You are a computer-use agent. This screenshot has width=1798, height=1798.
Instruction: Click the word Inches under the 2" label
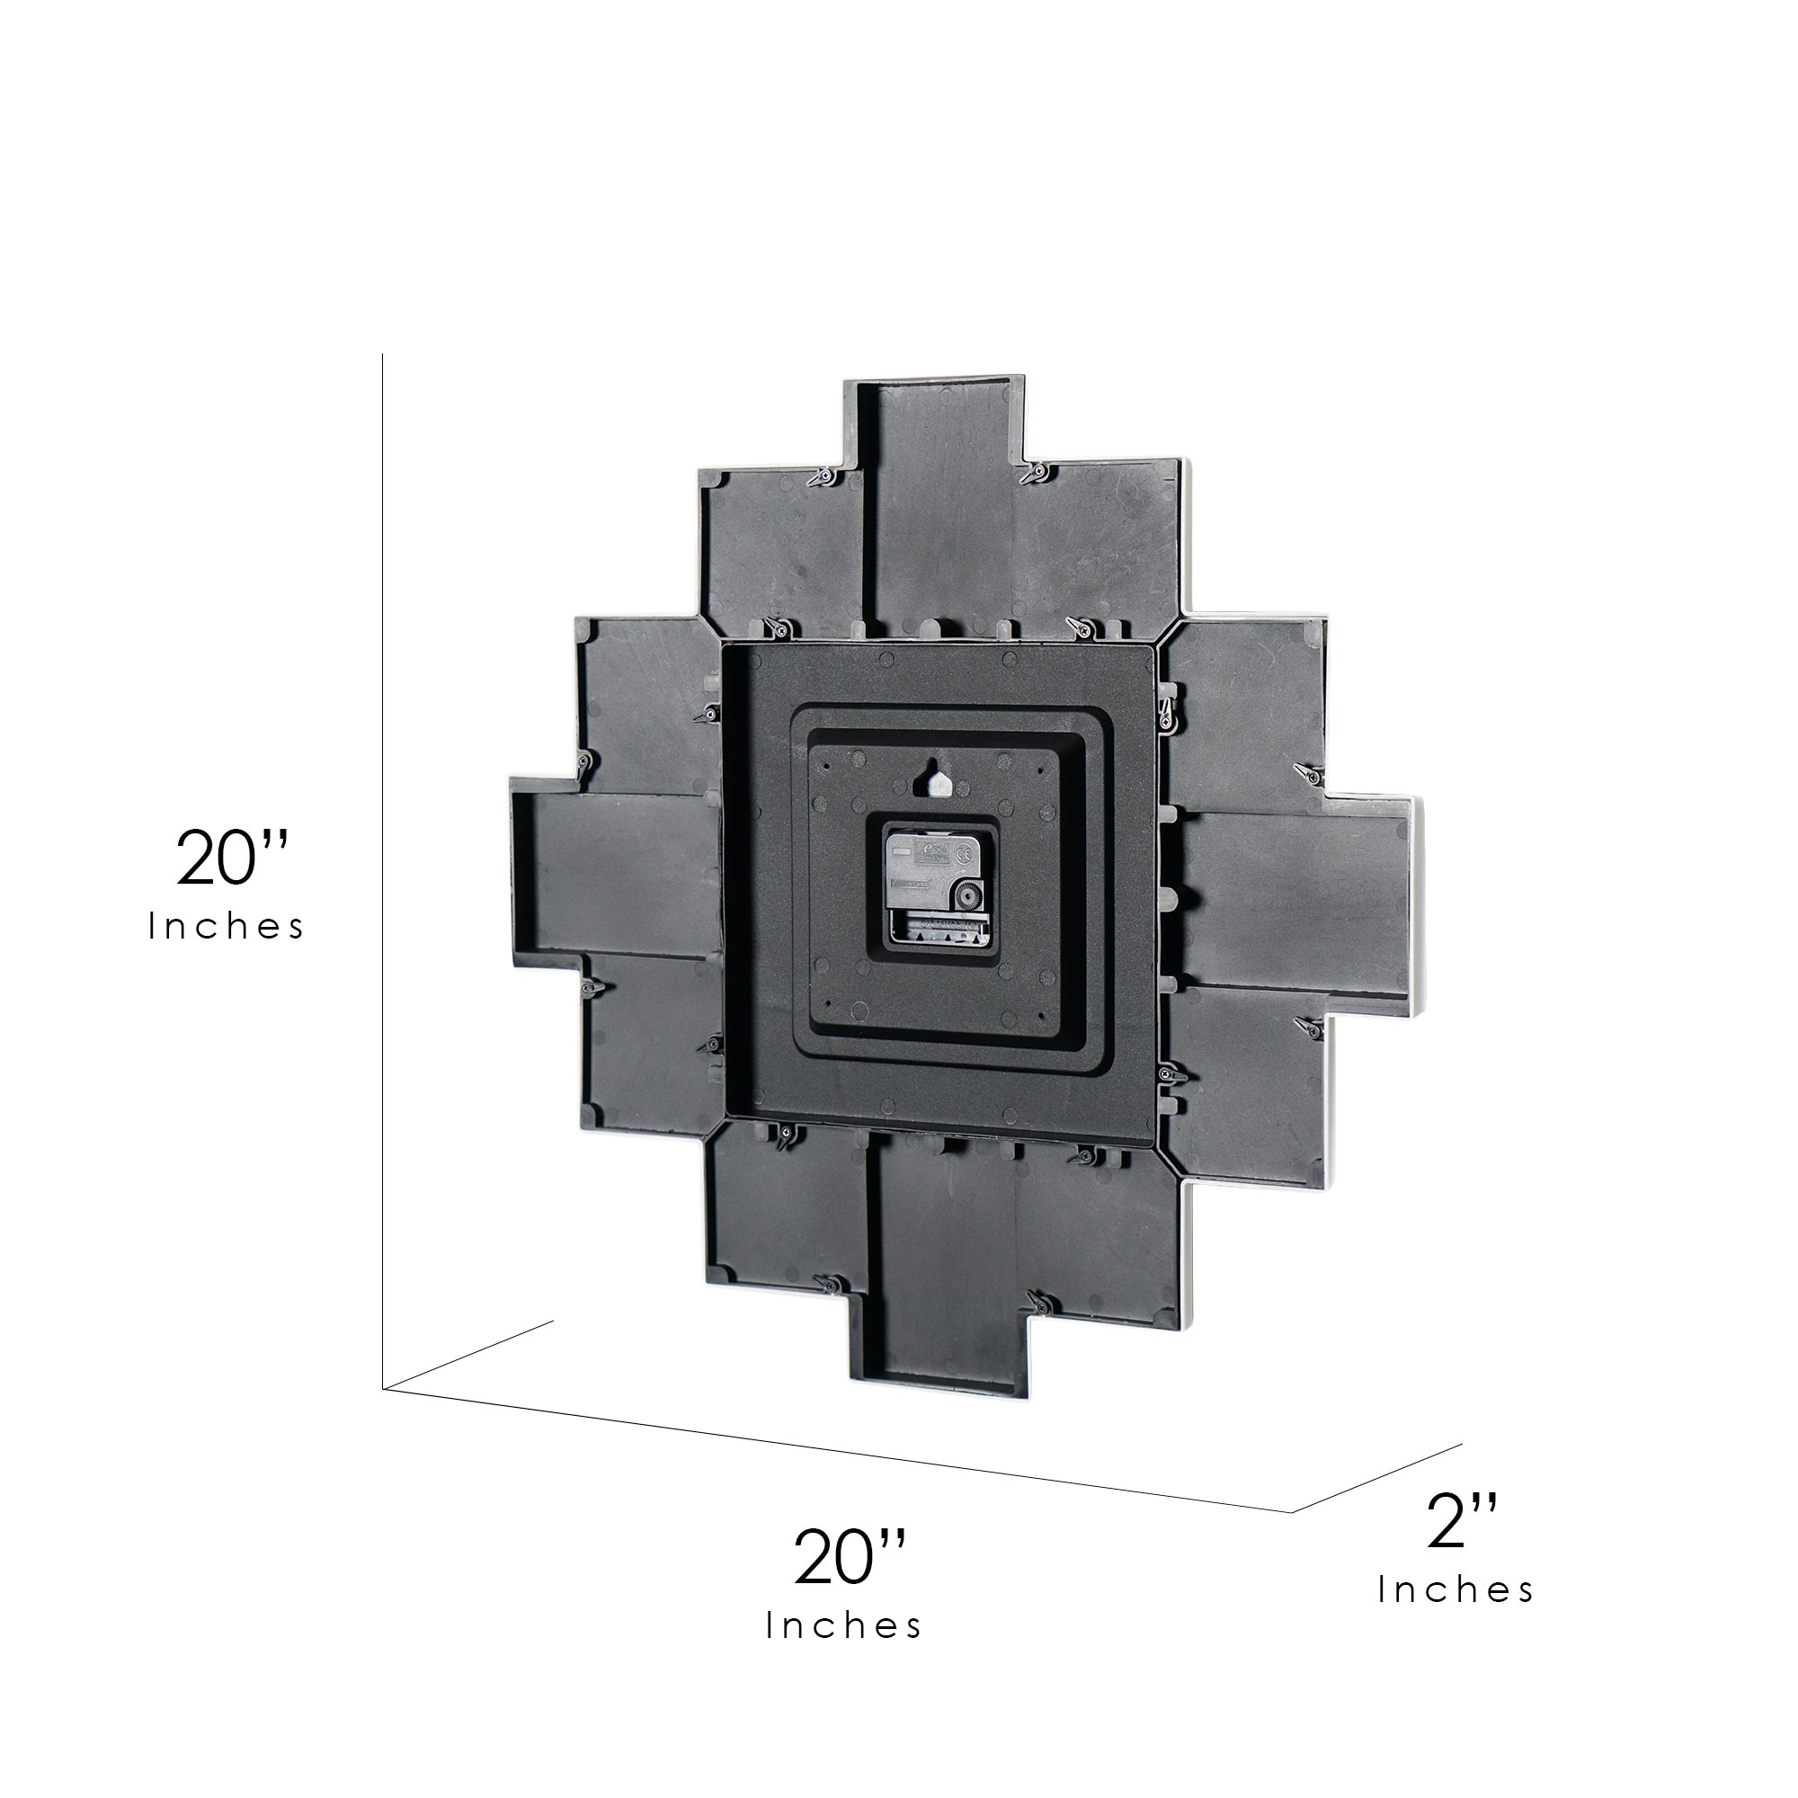tap(1455, 1590)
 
